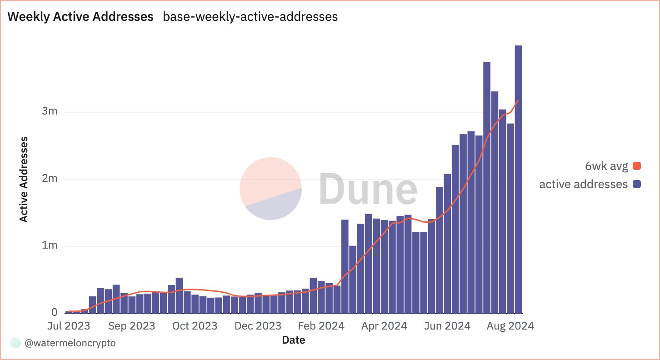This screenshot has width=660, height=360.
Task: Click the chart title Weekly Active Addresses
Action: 81,17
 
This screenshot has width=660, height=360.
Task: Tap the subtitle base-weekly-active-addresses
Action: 250,17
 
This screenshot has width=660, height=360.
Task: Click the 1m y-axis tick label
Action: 49,246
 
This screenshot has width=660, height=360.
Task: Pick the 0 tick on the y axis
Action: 55,313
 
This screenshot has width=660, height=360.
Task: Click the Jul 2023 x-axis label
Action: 68,326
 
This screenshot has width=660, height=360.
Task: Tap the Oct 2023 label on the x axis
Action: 195,326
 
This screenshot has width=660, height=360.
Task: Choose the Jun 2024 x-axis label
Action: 448,326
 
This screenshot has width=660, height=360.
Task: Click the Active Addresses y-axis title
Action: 24,180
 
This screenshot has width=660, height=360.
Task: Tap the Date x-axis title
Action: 293,340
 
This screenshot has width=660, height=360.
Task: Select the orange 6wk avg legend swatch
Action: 636,166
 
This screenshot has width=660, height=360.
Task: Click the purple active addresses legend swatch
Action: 636,184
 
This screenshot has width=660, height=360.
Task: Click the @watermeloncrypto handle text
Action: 70,343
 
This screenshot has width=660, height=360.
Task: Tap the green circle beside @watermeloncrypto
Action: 16,343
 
